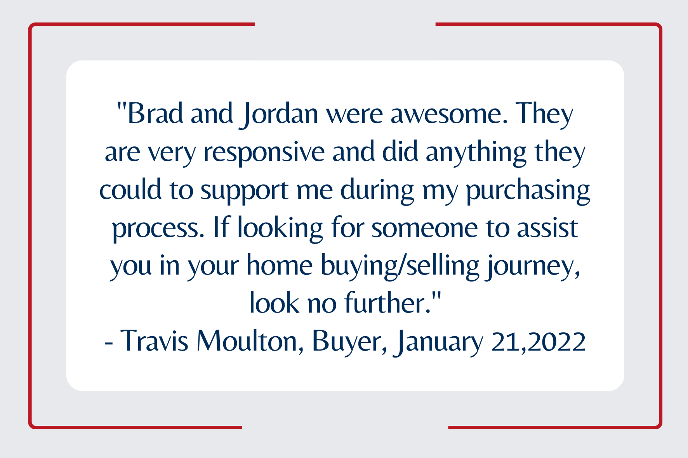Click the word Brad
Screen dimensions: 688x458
pyautogui.click(x=155, y=113)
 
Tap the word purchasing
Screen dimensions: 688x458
pyautogui.click(x=528, y=191)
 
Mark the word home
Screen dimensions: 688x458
pyautogui.click(x=280, y=265)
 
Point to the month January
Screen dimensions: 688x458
pyautogui.click(x=438, y=343)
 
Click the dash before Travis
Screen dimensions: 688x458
pyautogui.click(x=109, y=343)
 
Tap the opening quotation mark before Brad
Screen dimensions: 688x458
pyautogui.click(x=122, y=106)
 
